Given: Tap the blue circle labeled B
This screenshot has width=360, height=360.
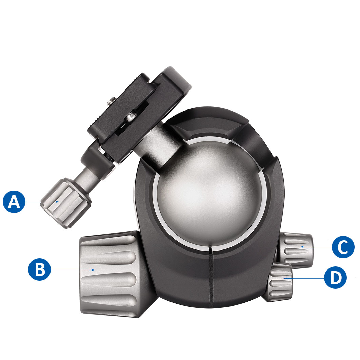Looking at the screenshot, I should [39, 269].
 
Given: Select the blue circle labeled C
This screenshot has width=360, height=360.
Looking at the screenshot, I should [343, 247].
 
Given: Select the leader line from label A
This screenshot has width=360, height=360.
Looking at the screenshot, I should [41, 202].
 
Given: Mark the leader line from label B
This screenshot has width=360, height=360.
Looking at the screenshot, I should [71, 270].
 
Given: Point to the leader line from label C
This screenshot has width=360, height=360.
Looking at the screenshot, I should [319, 247].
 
